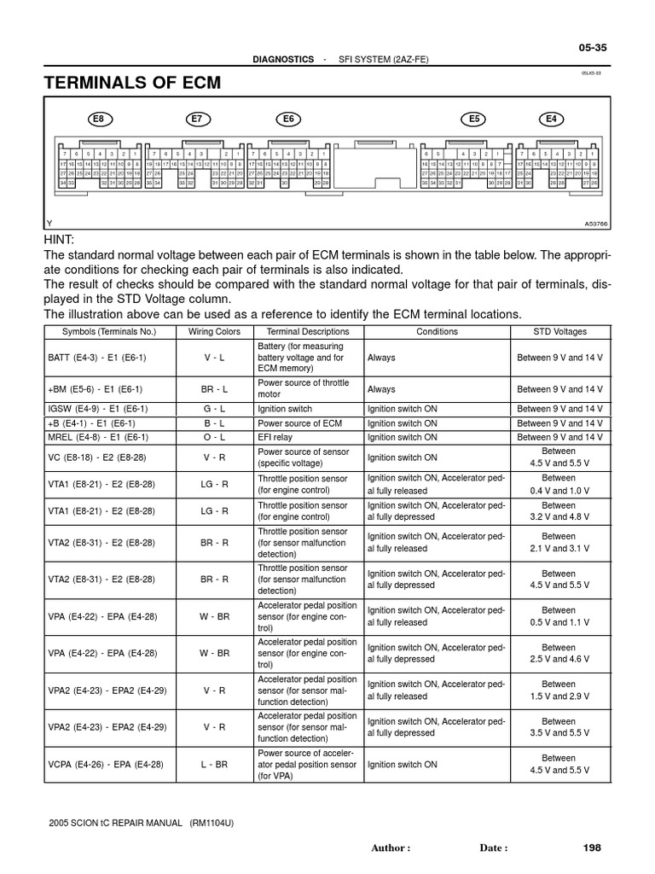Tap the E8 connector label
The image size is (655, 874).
pos(101,119)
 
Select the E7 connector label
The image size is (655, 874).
pos(197,119)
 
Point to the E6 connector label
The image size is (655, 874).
pos(288,119)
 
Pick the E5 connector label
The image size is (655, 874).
pos(475,119)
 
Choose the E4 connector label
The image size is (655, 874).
pos(551,119)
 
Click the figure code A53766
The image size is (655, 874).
pos(597,224)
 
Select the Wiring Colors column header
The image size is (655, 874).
pos(214,331)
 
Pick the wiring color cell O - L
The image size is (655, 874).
pos(214,437)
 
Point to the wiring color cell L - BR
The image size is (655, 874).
pos(214,765)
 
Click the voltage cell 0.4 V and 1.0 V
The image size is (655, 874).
pos(559,492)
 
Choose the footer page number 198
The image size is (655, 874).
pos(592,848)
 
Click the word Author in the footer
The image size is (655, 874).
pos(391,848)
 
